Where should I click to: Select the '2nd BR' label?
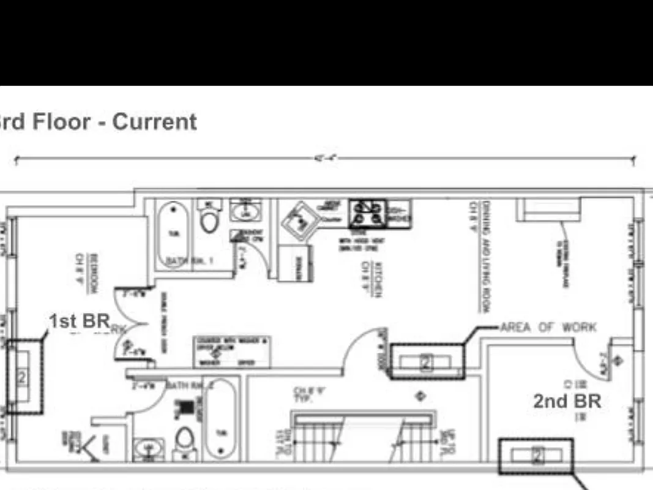(567, 401)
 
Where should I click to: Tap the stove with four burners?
(364, 214)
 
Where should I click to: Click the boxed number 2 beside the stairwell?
(427, 363)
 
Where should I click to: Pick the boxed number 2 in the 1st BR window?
(22, 377)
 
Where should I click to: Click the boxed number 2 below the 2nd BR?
(537, 455)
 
